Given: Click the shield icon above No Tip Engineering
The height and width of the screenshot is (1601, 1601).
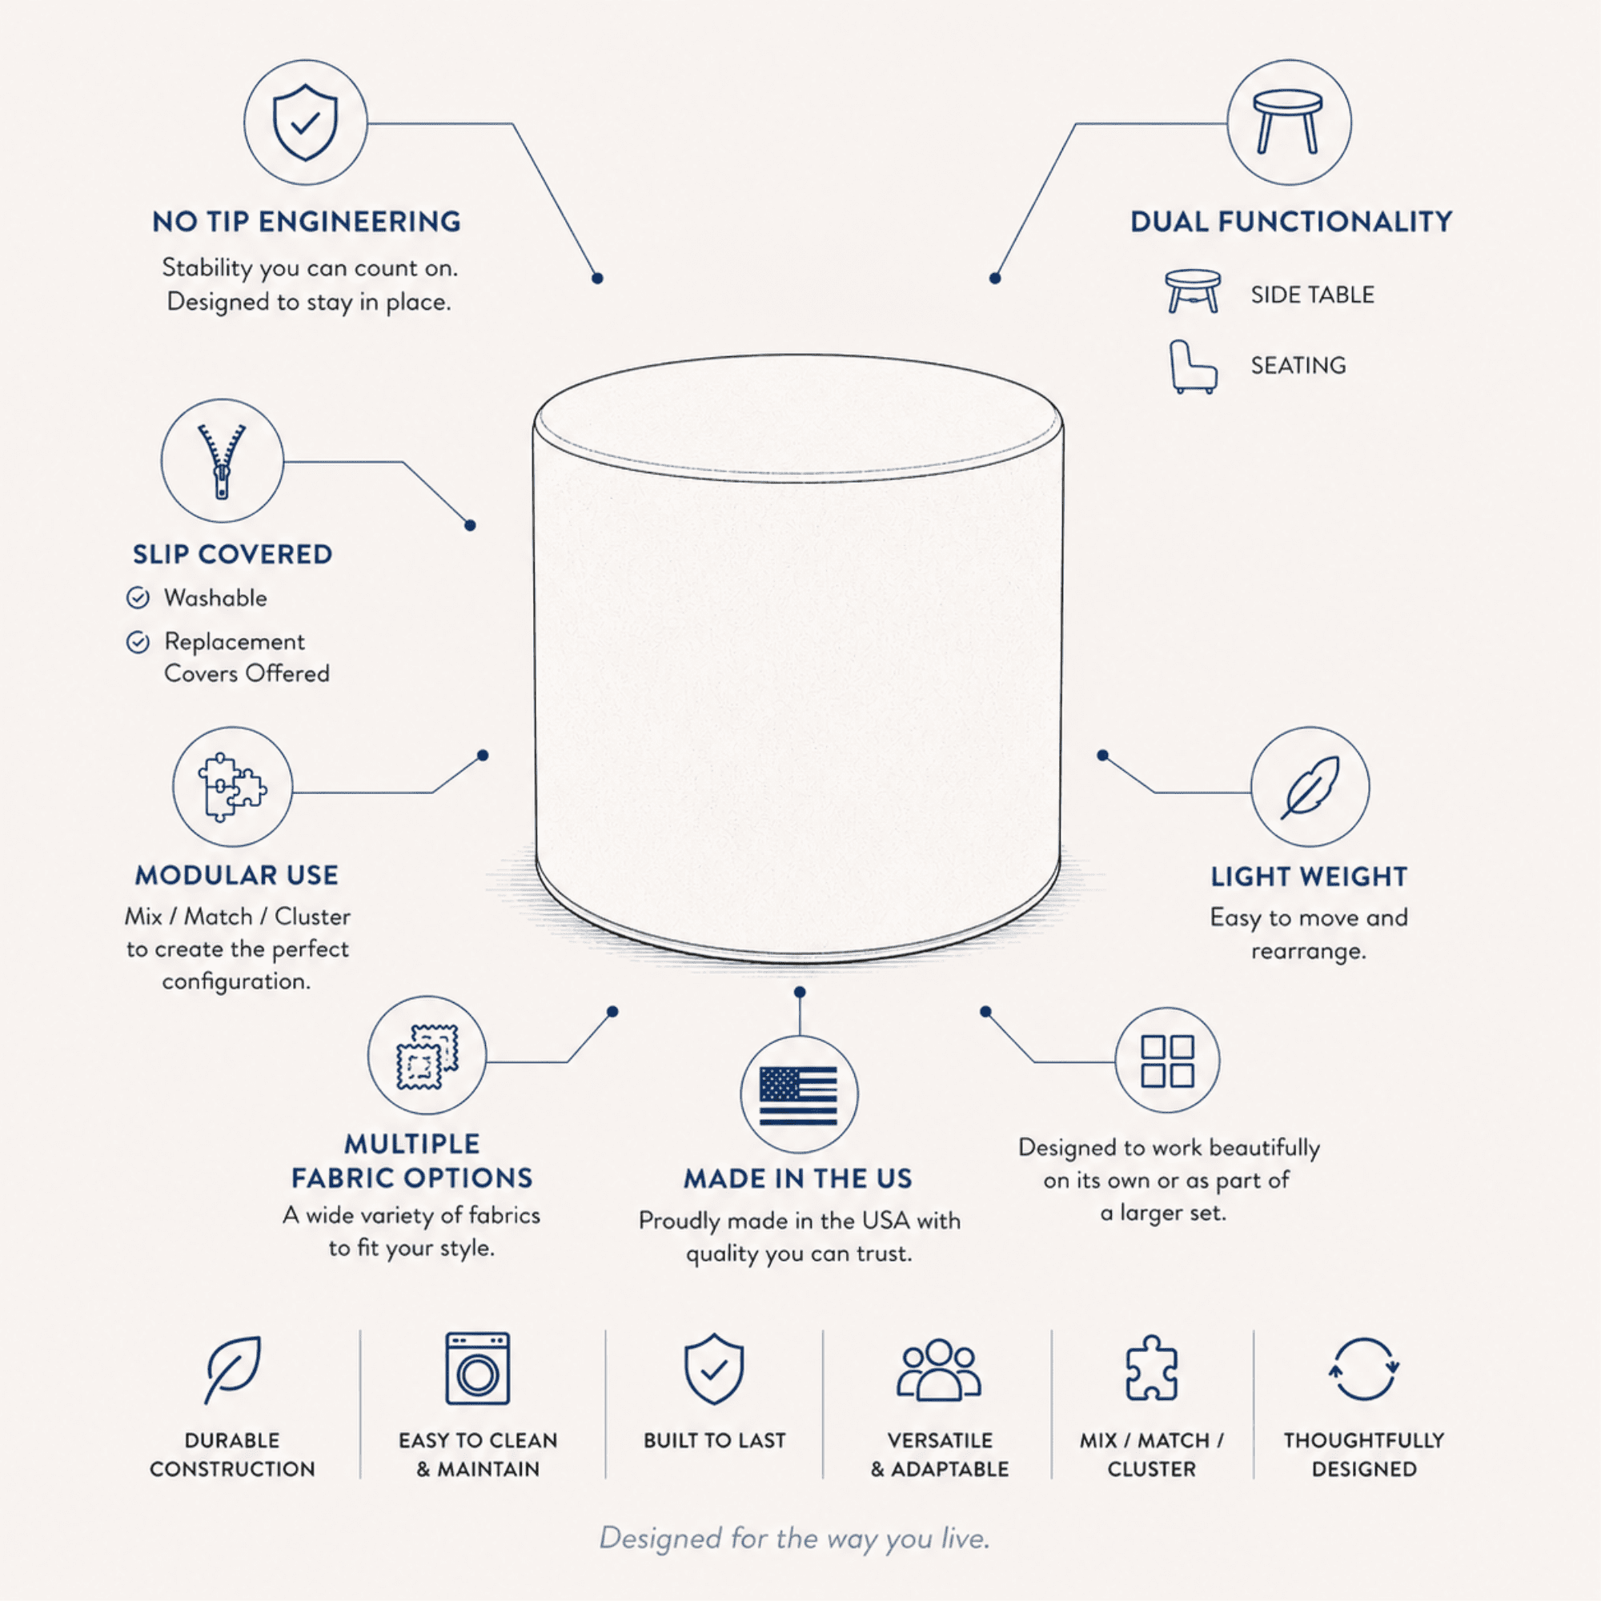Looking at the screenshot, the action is (305, 122).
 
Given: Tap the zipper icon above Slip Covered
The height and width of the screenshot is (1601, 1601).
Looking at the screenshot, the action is (221, 461).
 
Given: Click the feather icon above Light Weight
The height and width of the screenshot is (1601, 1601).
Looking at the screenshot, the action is (1310, 787).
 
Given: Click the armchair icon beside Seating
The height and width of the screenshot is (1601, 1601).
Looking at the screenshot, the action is (1193, 367).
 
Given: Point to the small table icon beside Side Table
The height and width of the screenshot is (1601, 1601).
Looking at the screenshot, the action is (1193, 291).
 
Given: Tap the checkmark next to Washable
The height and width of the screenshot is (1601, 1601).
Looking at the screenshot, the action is (138, 597).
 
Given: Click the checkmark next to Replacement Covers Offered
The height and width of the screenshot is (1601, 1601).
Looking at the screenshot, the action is (138, 641).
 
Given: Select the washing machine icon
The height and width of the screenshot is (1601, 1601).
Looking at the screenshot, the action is (477, 1369).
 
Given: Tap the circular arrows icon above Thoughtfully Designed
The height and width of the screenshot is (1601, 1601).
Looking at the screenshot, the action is (1363, 1369).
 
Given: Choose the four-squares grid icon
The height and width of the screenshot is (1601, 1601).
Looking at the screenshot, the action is (1167, 1061).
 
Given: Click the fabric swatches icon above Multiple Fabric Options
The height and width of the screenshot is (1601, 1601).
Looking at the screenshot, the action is (427, 1057).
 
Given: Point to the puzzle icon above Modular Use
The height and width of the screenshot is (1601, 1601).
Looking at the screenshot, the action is (232, 786).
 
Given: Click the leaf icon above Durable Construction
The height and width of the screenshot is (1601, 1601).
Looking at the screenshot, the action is (233, 1370).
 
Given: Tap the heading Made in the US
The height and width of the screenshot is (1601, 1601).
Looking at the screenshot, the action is (798, 1178).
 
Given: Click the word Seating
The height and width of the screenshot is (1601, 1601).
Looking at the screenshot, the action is (1298, 366).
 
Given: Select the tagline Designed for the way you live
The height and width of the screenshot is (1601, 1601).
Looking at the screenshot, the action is (795, 1538).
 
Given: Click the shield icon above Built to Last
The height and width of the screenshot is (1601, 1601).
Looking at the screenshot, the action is (713, 1369).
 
